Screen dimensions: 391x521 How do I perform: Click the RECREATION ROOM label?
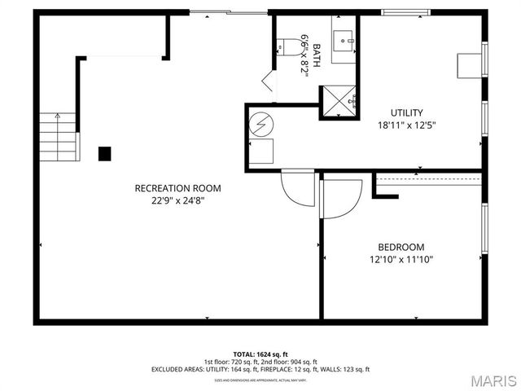click(177, 188)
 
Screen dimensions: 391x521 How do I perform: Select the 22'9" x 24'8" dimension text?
click(177, 201)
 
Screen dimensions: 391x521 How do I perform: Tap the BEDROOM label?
click(401, 247)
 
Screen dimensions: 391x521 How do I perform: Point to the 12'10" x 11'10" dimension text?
click(401, 260)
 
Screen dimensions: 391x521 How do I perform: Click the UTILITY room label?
click(406, 113)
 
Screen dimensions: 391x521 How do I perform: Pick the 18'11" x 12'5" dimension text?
click(406, 126)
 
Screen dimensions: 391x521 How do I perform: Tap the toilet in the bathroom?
click(282, 48)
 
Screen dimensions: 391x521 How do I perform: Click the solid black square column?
click(104, 152)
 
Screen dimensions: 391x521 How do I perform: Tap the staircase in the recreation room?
click(61, 134)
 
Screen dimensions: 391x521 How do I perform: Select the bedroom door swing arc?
click(343, 200)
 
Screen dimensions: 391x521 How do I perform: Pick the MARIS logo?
click(488, 380)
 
